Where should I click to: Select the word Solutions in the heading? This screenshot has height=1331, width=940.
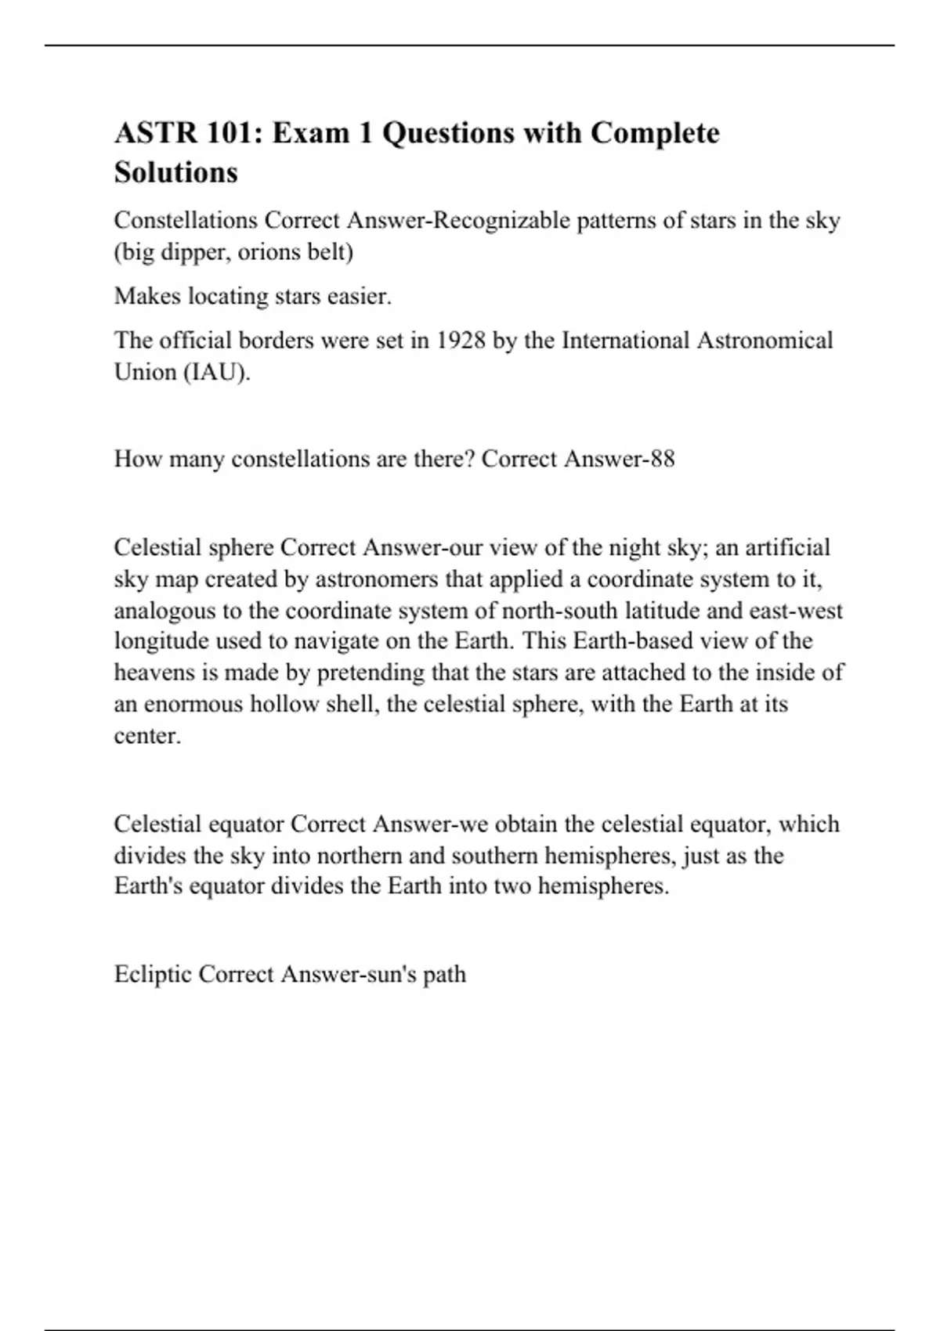(175, 172)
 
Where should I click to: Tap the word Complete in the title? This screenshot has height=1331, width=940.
(654, 133)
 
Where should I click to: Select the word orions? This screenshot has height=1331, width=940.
(267, 252)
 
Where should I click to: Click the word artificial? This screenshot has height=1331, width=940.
(786, 547)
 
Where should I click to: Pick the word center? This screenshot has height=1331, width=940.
(147, 735)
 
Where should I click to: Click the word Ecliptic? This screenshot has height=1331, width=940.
(153, 974)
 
